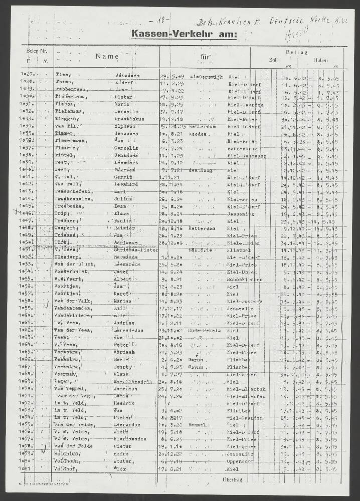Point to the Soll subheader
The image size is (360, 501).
click(273, 60)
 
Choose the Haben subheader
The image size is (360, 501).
click(321, 60)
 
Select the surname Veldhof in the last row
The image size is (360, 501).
click(65, 469)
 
